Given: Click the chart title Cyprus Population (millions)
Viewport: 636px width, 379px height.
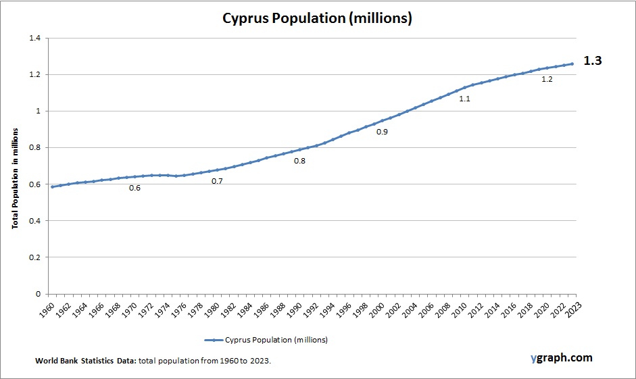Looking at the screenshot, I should pyautogui.click(x=317, y=18).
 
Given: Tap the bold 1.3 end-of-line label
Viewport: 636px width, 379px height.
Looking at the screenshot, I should pyautogui.click(x=592, y=61).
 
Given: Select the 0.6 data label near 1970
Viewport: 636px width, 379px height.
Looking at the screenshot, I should pyautogui.click(x=134, y=188).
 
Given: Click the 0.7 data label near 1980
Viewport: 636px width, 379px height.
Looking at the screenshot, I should pyautogui.click(x=217, y=181).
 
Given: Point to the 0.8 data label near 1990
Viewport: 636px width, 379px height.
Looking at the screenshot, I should pyautogui.click(x=299, y=161).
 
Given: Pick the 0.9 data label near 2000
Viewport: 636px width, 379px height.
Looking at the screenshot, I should pyautogui.click(x=382, y=132).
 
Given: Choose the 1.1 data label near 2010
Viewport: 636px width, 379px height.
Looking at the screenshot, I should pyautogui.click(x=464, y=99).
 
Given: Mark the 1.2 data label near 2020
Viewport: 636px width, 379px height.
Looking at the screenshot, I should pyautogui.click(x=547, y=80).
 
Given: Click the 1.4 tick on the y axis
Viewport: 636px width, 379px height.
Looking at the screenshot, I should pyautogui.click(x=34, y=38).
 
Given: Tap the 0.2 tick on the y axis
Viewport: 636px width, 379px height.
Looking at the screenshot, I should pyautogui.click(x=34, y=257).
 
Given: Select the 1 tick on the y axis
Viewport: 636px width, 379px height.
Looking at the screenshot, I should pyautogui.click(x=38, y=111).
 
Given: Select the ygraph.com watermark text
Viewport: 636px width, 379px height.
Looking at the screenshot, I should pyautogui.click(x=561, y=357).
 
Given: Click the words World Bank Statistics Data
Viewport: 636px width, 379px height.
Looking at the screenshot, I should pyautogui.click(x=86, y=361).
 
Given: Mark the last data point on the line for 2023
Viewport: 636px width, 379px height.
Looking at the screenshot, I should pyautogui.click(x=572, y=64).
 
